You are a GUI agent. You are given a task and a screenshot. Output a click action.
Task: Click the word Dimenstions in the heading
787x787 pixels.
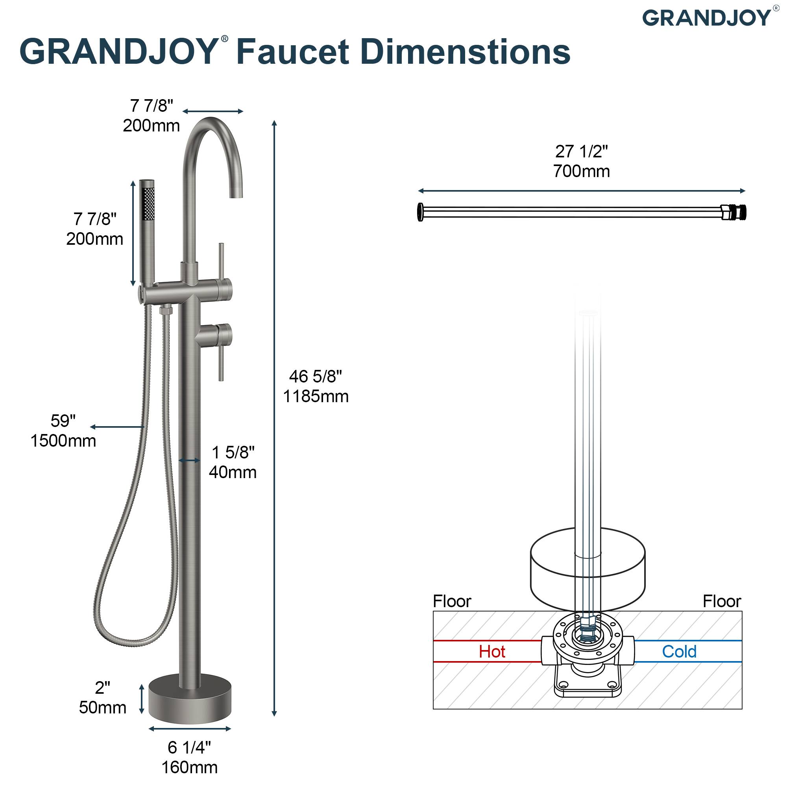465,52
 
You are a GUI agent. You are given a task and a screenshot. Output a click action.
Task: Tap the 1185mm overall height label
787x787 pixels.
316,396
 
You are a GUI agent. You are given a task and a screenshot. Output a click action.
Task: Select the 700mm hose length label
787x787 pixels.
581,171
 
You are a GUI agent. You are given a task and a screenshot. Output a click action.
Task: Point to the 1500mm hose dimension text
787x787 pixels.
63,441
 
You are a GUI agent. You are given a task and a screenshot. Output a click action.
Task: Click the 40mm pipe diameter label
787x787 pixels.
233,472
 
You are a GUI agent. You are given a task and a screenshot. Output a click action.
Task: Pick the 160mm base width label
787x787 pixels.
189,767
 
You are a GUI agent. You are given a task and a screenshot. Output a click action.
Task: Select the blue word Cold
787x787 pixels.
679,652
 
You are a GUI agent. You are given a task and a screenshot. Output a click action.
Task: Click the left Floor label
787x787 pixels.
452,601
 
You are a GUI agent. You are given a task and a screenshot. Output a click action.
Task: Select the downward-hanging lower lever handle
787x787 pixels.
221,360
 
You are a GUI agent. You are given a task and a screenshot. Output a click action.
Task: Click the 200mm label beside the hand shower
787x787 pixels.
94,239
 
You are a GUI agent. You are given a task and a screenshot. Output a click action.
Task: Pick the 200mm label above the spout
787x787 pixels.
151,126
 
